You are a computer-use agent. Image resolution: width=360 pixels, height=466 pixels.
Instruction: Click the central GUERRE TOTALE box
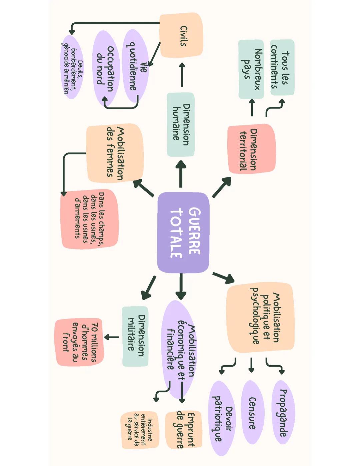(x=183, y=232)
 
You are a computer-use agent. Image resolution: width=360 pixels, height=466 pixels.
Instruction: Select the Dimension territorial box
(x=251, y=149)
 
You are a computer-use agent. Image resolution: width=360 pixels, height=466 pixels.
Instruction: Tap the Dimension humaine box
(x=181, y=124)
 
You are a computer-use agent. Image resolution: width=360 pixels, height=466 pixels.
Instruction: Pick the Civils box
(x=181, y=35)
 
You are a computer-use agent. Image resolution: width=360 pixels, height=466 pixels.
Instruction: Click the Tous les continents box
(x=282, y=67)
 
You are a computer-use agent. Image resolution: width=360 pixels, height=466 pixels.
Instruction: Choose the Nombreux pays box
(x=251, y=69)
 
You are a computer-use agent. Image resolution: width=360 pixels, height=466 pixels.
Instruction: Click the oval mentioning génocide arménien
(x=71, y=67)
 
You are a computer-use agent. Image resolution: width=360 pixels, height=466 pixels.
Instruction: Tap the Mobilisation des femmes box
(x=115, y=153)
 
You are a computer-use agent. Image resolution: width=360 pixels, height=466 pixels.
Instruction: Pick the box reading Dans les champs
(x=89, y=219)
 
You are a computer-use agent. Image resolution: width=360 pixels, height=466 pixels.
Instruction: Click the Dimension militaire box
(x=135, y=336)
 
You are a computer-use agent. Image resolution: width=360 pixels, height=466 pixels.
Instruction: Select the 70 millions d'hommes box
(x=79, y=342)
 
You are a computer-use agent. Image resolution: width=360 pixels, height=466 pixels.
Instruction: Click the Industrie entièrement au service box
(x=139, y=430)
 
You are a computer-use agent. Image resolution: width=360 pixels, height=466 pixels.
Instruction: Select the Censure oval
(x=252, y=412)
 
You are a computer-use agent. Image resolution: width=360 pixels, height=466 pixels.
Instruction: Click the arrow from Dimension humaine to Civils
(x=182, y=75)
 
